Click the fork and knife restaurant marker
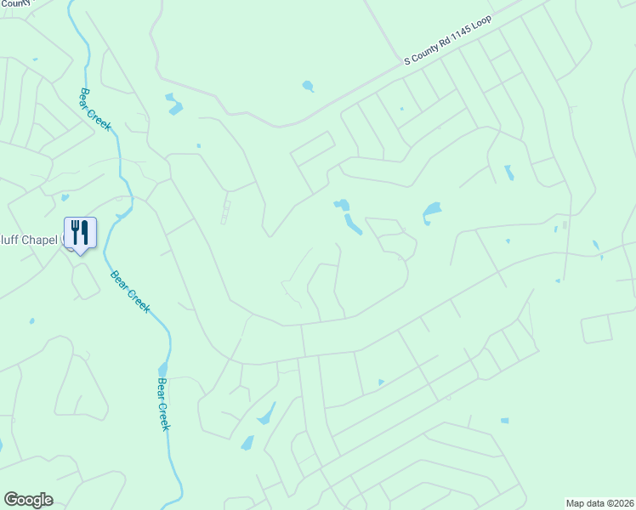coord(80,232)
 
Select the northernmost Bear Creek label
coord(96,110)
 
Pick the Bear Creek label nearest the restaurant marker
coord(129,291)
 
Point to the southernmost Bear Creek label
coord(163,404)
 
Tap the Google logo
coord(29,500)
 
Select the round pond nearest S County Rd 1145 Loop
coord(308,86)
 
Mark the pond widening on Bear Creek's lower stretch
coord(162,368)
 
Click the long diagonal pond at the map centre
coord(351,224)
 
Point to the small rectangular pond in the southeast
coord(504,421)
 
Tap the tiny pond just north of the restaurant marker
coord(65,198)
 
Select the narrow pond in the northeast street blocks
coord(508,173)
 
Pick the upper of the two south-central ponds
coord(266,414)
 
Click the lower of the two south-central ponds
coord(247,443)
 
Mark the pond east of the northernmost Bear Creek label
coord(174,104)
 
